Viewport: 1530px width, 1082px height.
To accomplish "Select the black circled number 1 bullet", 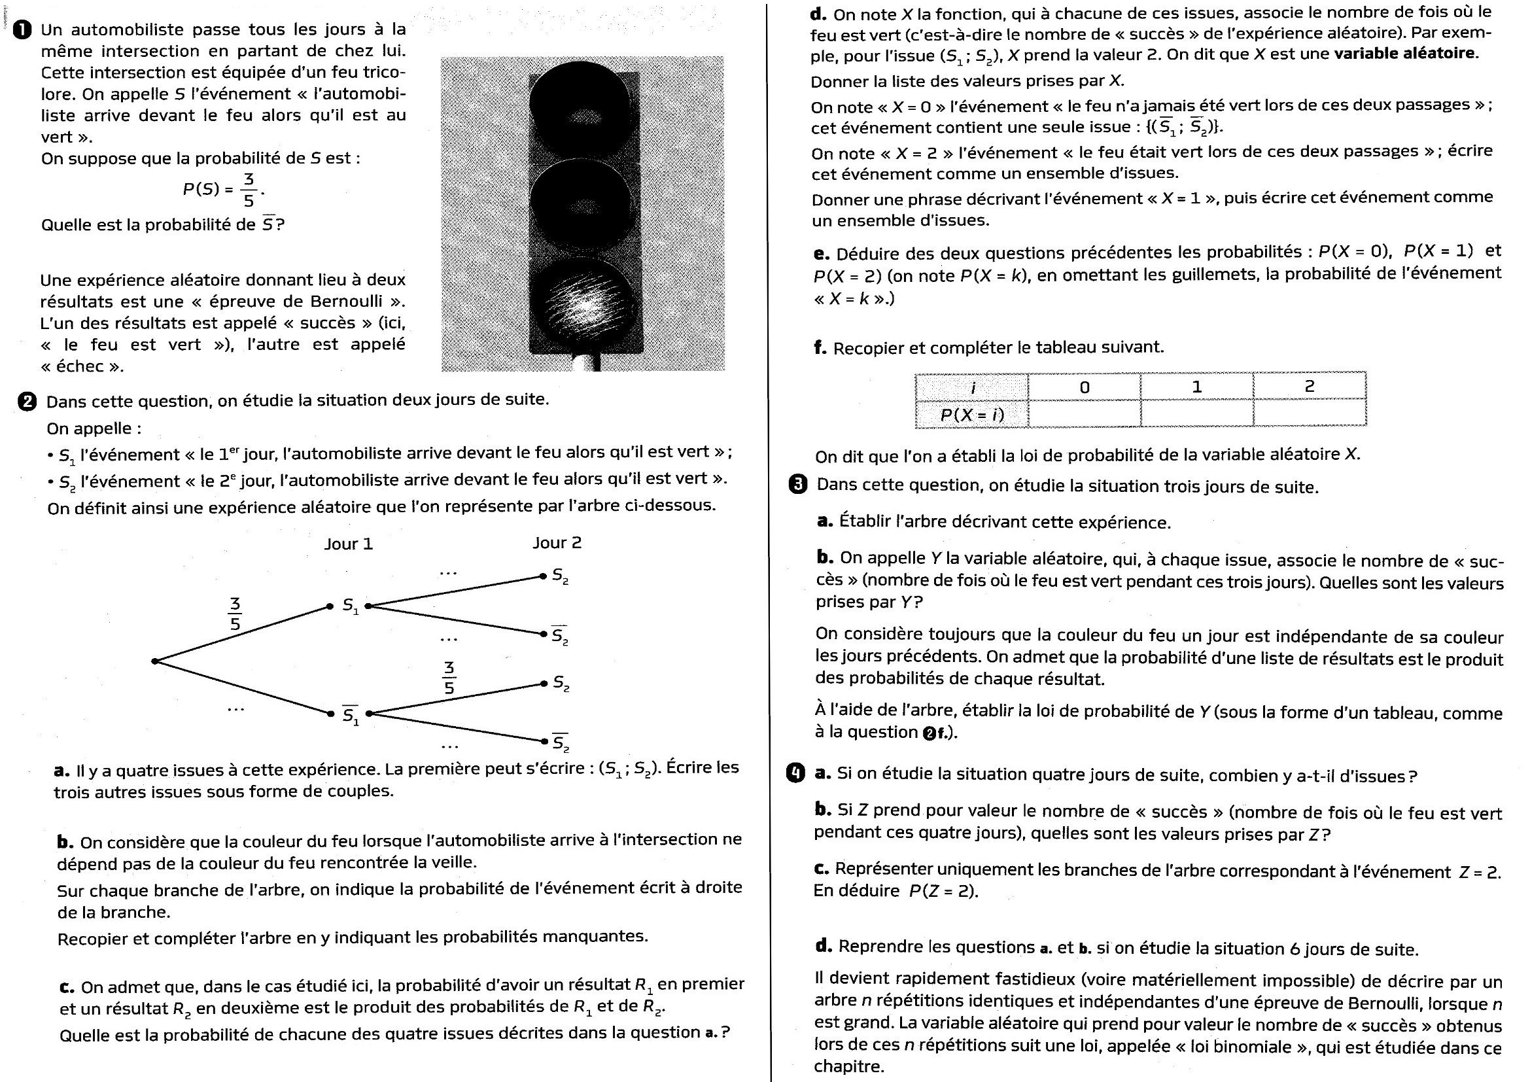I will click(x=23, y=30).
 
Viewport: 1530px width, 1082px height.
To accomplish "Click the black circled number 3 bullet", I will click(x=797, y=484).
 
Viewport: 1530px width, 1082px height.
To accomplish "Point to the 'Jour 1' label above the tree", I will click(x=349, y=544).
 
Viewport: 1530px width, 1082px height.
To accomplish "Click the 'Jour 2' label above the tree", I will click(x=557, y=543).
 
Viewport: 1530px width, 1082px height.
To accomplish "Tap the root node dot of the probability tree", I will click(x=154, y=661).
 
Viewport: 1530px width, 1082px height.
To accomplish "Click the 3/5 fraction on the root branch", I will click(x=235, y=614).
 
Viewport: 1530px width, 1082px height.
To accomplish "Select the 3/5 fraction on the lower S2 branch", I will click(x=449, y=678).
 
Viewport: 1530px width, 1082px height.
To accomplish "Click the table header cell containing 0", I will click(x=1084, y=387).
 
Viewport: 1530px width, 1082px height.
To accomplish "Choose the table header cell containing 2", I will click(x=1309, y=387).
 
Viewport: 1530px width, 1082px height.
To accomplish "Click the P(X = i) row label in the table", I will click(x=971, y=414).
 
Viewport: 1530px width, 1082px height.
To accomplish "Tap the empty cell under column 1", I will click(x=1197, y=413).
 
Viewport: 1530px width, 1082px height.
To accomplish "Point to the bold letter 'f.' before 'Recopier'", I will click(x=820, y=347).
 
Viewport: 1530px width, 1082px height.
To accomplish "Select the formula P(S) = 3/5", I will click(x=222, y=190).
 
